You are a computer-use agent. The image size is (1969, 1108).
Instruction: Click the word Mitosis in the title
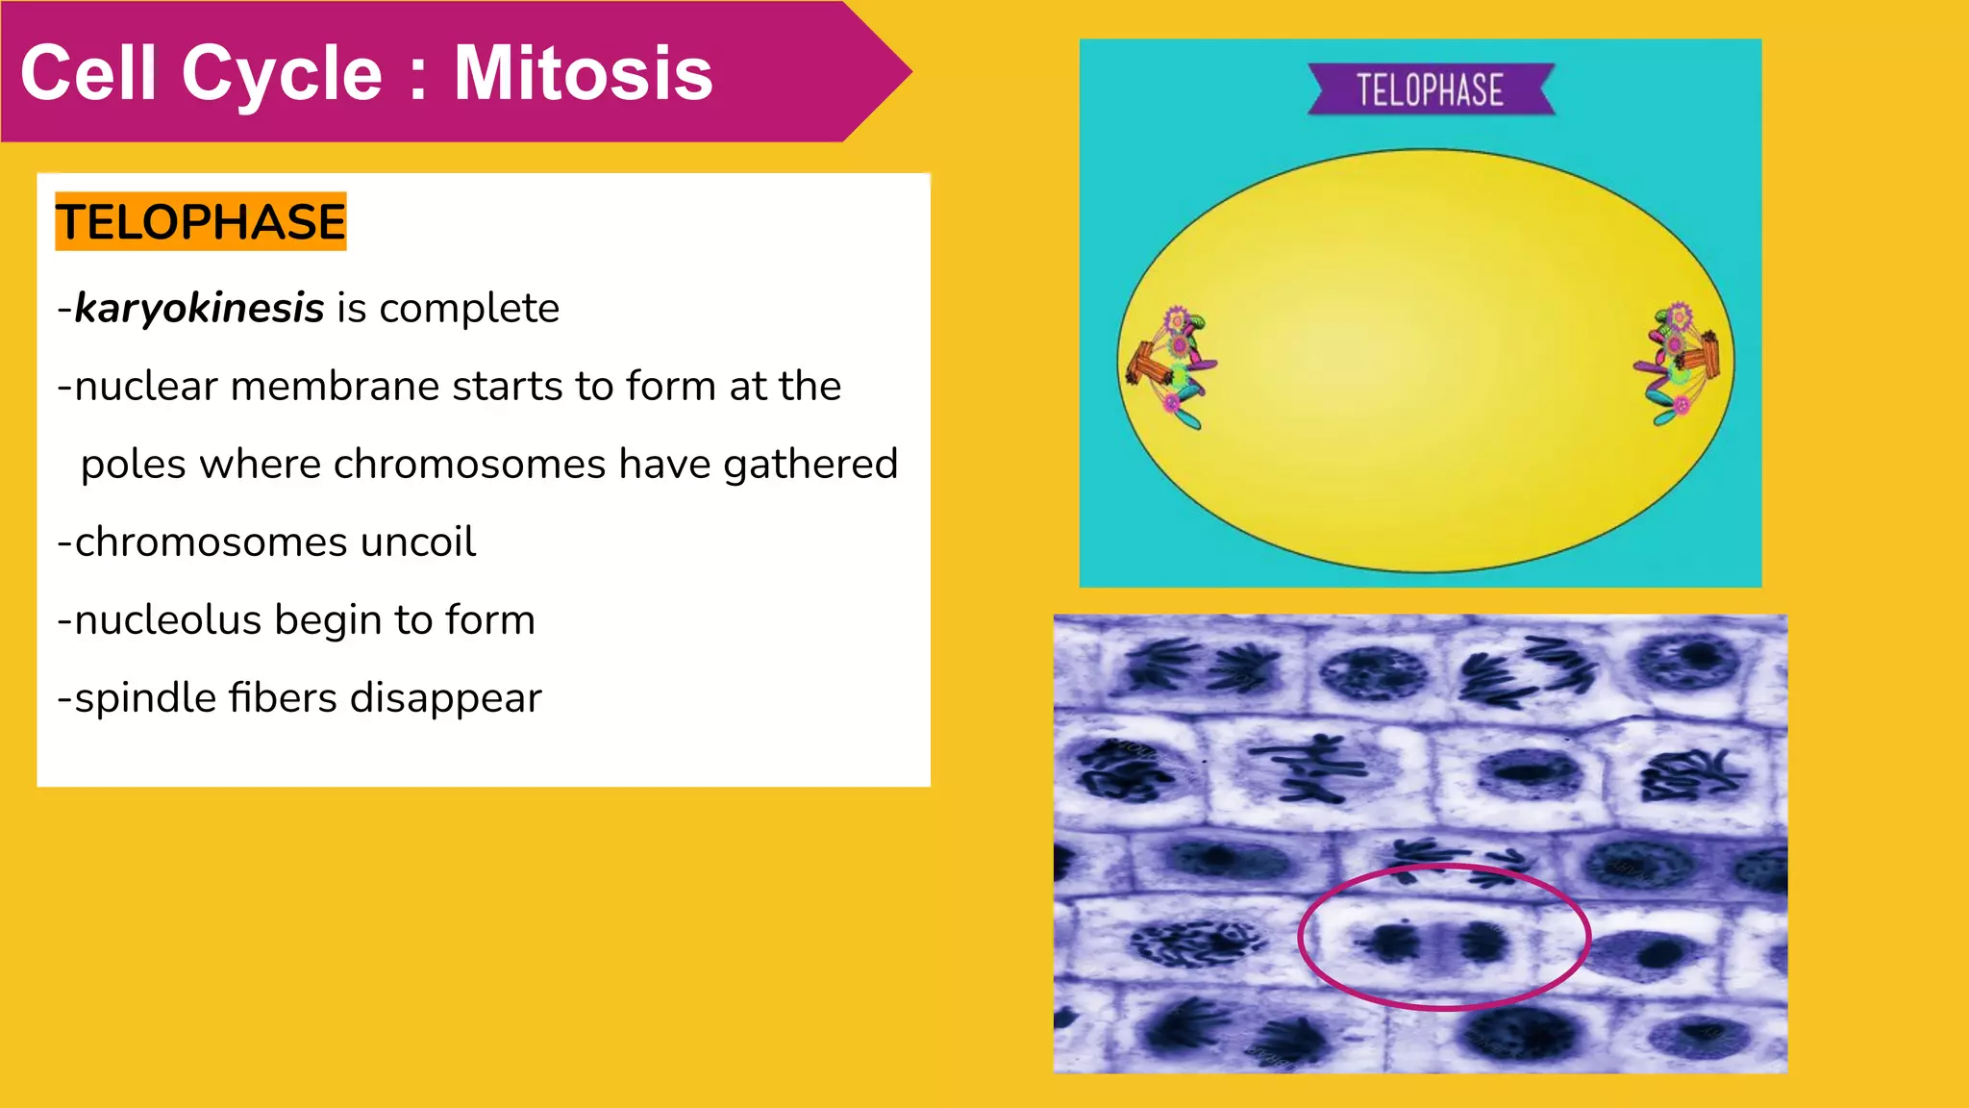(583, 73)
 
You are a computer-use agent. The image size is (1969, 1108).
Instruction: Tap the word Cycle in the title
(283, 73)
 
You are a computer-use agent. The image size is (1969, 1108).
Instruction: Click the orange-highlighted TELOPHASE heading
(200, 222)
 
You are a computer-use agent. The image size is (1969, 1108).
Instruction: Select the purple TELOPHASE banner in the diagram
(1430, 90)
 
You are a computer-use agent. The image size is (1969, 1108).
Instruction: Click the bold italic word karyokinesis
(199, 309)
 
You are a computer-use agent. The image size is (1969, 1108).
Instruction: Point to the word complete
(469, 309)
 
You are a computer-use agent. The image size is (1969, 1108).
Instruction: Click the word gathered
(810, 465)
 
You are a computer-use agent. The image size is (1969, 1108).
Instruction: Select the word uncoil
(417, 542)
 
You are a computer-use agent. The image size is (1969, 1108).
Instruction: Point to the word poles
(134, 465)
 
